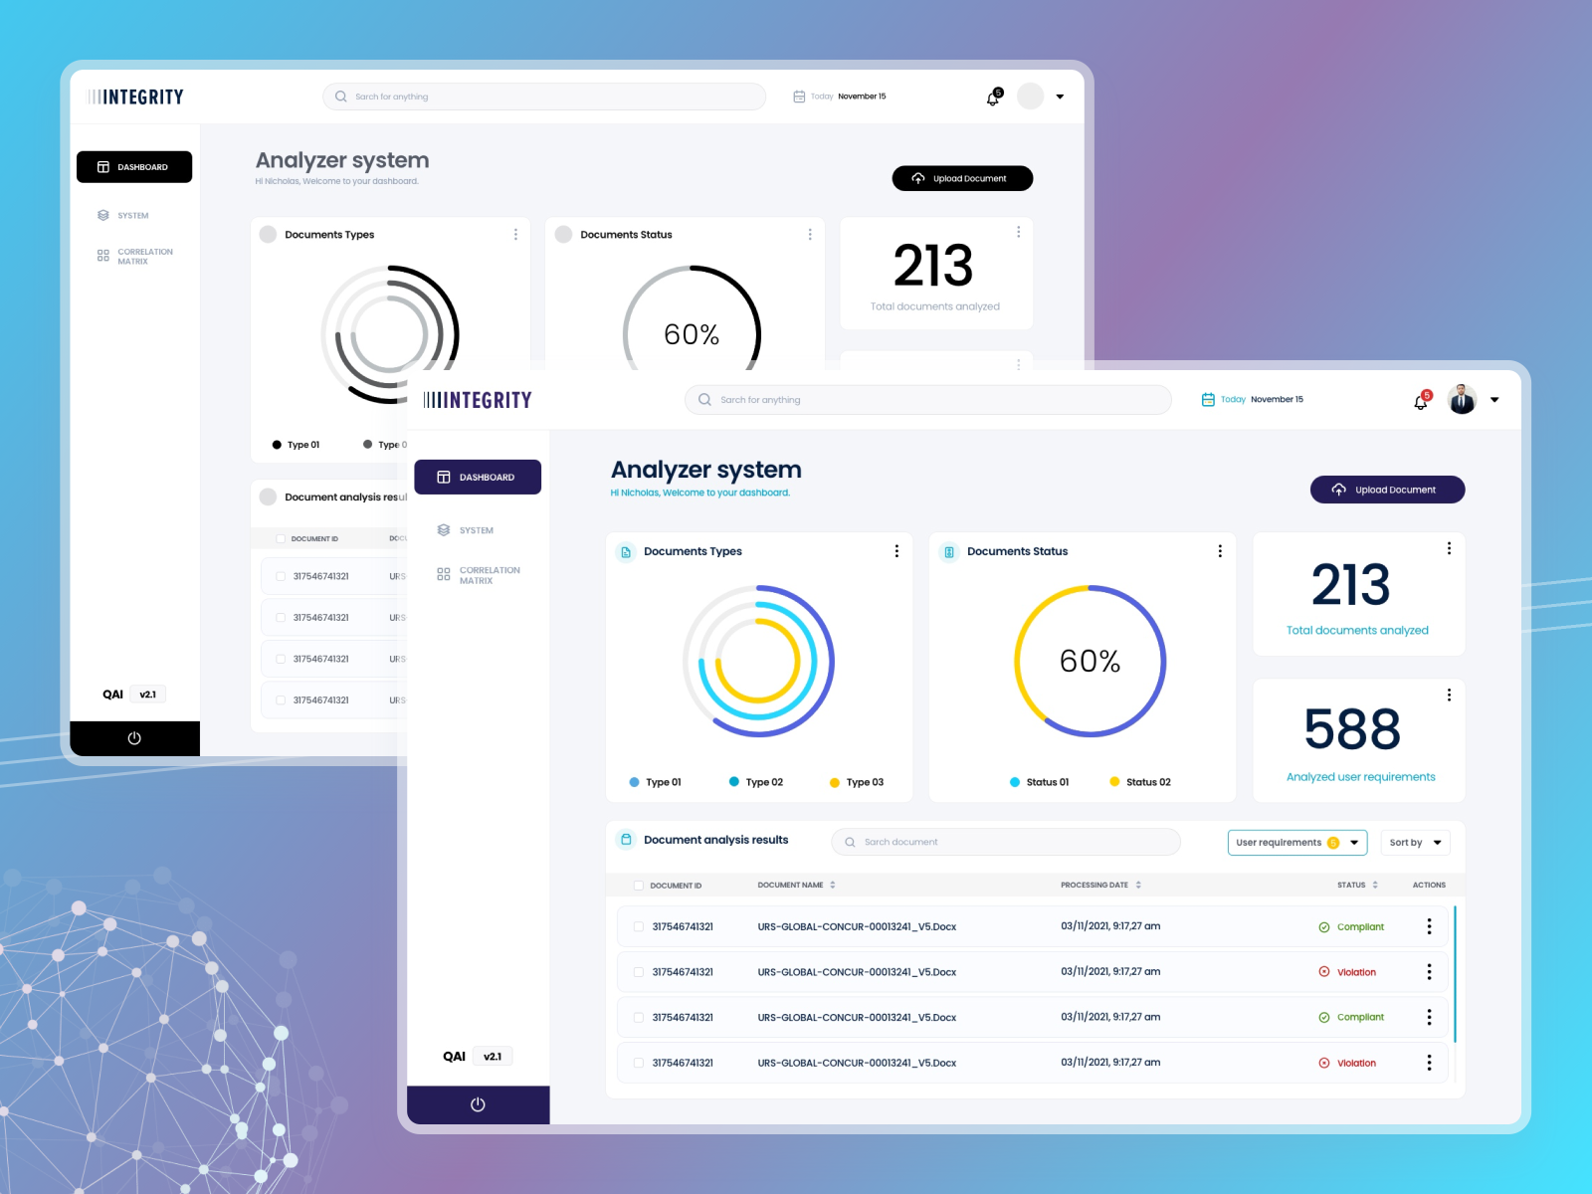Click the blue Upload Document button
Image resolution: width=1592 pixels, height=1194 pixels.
pos(1387,490)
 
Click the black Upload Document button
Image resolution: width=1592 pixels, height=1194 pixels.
pos(962,179)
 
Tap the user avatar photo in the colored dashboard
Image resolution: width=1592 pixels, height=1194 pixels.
pos(1462,400)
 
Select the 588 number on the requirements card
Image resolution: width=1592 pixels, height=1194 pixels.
pos(1352,729)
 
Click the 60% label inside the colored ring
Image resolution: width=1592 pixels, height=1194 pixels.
pos(1090,661)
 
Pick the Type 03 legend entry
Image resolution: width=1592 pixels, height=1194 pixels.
pos(857,782)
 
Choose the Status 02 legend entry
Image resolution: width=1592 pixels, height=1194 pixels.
pos(1140,782)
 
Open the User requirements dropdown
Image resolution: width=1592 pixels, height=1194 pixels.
pos(1296,843)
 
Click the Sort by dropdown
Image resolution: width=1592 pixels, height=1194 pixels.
pos(1415,843)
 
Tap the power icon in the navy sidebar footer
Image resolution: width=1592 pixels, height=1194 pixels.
pos(478,1104)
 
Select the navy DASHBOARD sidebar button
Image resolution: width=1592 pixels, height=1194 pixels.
pos(478,478)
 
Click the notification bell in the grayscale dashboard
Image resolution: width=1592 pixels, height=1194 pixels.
pos(993,98)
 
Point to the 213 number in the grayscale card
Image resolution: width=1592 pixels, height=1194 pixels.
pos(933,266)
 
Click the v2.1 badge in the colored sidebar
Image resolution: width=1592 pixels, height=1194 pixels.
pos(493,1057)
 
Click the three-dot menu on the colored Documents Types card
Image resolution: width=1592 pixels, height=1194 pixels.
pos(896,551)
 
